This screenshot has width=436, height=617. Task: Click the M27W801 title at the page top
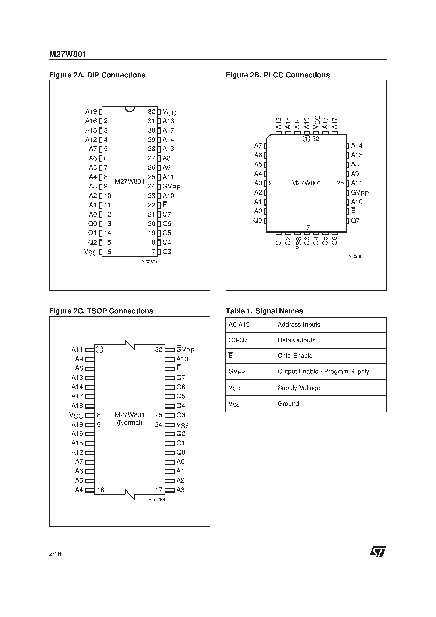68,54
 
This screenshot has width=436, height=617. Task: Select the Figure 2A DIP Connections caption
97,75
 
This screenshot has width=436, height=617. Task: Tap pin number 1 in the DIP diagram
106,112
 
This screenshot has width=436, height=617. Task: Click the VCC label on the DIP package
169,112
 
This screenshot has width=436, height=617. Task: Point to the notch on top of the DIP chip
130,109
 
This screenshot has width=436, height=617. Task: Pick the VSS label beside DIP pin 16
90,252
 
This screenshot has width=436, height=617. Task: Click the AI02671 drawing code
149,262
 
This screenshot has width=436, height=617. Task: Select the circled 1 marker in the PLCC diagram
306,139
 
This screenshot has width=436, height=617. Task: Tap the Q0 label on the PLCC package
257,221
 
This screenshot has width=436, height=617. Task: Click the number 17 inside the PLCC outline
306,227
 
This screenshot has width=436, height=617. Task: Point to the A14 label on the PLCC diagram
357,146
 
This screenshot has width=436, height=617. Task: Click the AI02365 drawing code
356,256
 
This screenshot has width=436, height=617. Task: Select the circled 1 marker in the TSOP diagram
99,350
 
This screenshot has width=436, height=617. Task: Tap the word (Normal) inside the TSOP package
130,423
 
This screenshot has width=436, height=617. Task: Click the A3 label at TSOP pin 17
180,490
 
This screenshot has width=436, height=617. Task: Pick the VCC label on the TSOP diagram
76,415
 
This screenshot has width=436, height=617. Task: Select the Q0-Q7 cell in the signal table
238,340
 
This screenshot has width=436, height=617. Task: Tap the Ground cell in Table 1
288,404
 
